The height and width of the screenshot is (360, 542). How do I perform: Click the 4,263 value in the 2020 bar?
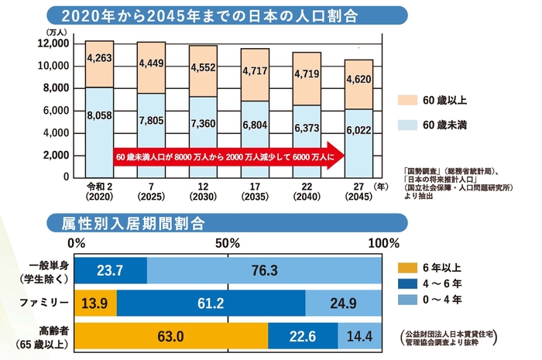(x=99, y=57)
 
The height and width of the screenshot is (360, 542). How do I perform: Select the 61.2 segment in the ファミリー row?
(x=211, y=303)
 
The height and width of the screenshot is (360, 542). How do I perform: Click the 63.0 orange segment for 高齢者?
(x=170, y=335)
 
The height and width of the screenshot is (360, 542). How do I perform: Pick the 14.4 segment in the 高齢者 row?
(x=359, y=335)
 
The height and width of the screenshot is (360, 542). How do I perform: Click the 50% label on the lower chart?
(x=226, y=244)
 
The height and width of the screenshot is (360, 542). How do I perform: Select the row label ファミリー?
(x=46, y=303)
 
